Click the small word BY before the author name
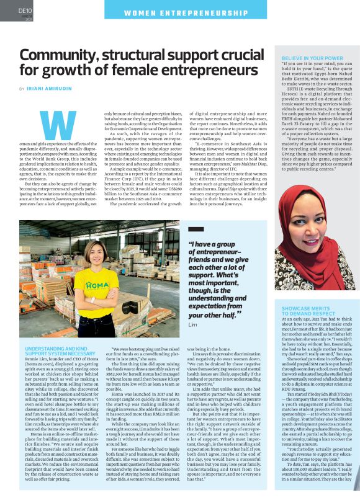[22, 89]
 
